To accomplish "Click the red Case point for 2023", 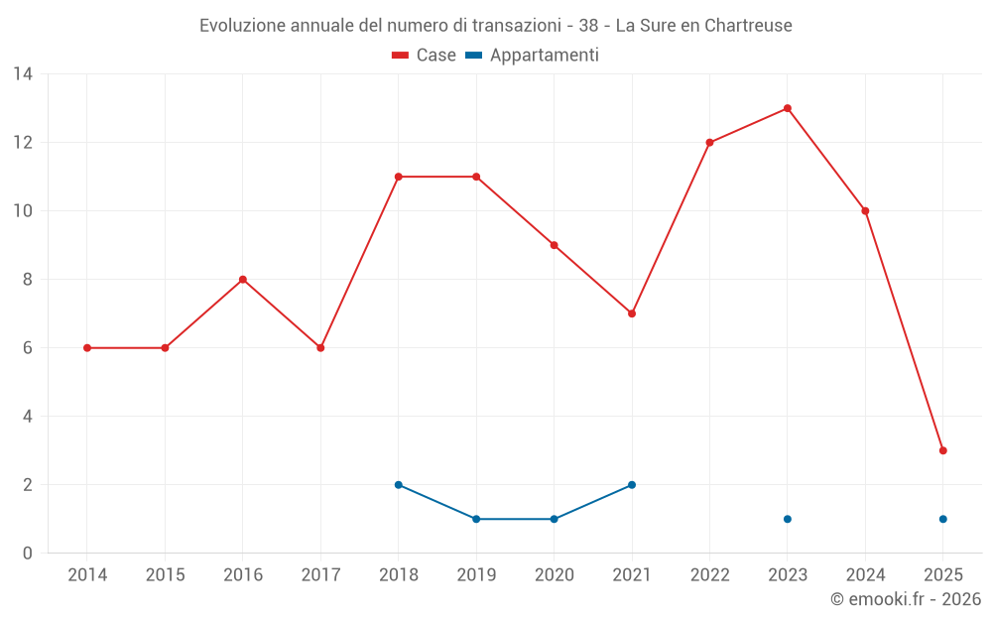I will pos(787,108).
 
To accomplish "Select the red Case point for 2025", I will pos(942,450).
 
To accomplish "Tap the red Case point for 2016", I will pos(242,280).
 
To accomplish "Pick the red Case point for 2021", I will pos(632,313).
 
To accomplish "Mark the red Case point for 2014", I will pos(87,348).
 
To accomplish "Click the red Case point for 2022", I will pos(709,143).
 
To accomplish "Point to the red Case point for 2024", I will pos(865,211).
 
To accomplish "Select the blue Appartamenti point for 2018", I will pos(398,485).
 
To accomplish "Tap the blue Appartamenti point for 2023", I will pos(787,519).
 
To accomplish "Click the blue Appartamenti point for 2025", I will pos(942,519).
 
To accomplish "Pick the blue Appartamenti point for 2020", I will pos(554,519).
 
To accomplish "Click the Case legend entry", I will pos(425,56).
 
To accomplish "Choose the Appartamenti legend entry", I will pos(533,56).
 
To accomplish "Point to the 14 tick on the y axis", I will pos(23,74).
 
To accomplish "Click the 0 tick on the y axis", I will pos(28,554).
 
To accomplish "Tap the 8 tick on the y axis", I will pos(28,280).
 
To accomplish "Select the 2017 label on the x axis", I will pos(320,575).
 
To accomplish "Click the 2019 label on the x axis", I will pos(476,575).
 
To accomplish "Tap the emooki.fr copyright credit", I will pos(906,599).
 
